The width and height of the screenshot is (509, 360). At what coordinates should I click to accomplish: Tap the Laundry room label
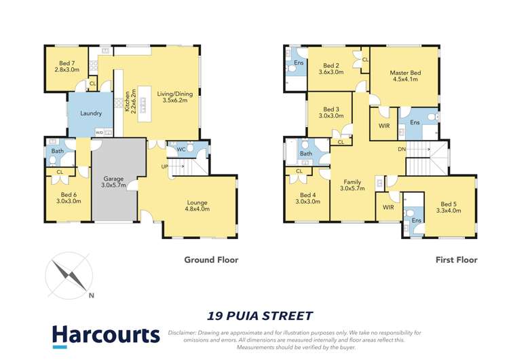tap(90, 113)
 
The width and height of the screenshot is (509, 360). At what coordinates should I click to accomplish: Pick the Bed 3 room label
tap(331, 113)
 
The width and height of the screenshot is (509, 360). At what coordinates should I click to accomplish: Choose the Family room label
tap(352, 184)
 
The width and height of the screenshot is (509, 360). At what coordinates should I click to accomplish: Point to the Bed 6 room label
tap(69, 198)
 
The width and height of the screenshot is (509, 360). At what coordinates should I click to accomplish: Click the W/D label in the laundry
tap(99, 133)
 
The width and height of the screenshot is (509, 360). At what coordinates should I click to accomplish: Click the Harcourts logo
tap(106, 335)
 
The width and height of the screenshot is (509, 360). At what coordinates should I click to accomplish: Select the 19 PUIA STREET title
tap(260, 315)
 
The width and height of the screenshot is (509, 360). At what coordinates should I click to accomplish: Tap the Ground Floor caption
tap(211, 259)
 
